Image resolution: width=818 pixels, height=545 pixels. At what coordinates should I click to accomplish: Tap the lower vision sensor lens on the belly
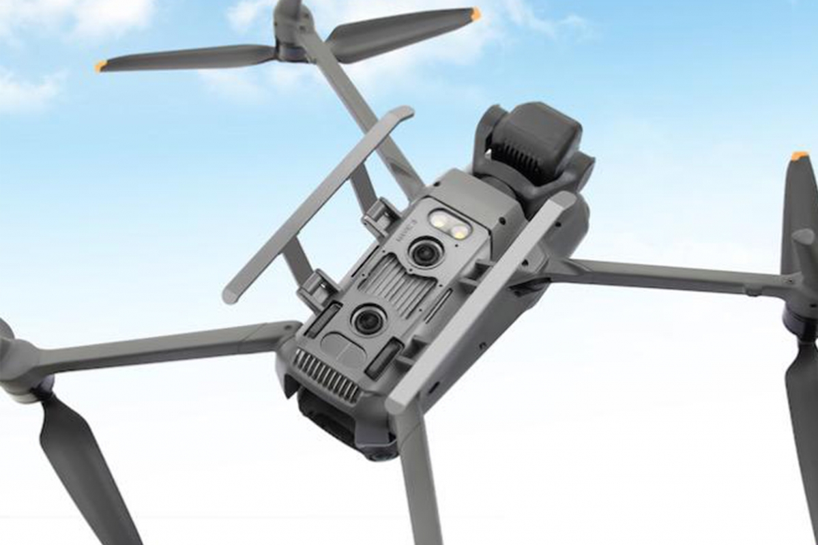[368, 319]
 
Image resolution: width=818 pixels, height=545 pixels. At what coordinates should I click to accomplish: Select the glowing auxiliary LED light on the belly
[449, 225]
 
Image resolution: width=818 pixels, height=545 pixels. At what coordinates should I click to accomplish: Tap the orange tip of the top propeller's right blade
[475, 14]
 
